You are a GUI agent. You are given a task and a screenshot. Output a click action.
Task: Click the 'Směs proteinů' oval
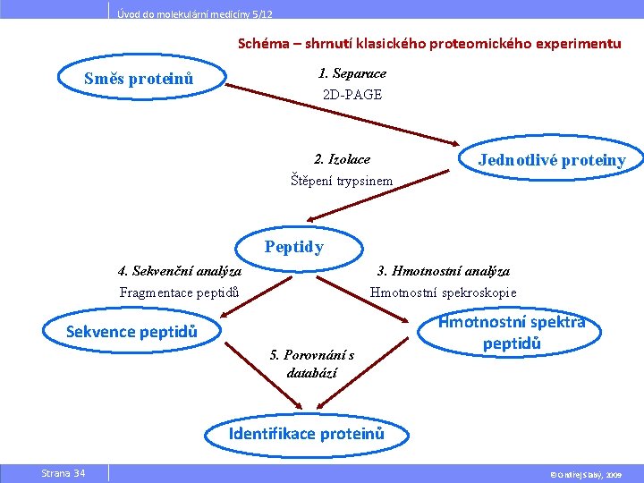pos(139,79)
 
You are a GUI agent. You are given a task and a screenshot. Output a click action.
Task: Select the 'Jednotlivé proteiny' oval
pos(551,160)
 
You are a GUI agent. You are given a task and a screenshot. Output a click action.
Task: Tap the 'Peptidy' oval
pos(294,247)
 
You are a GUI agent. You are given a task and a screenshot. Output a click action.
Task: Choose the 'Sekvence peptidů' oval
pos(131,333)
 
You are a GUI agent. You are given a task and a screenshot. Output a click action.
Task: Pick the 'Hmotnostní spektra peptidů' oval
pos(512,333)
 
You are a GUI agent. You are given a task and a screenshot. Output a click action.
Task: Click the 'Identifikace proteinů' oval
pos(307,434)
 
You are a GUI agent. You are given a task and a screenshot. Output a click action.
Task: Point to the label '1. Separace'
pos(352,73)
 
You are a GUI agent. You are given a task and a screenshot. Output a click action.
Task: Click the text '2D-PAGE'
pos(352,94)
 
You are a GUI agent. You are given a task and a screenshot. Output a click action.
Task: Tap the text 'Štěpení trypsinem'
pos(342,181)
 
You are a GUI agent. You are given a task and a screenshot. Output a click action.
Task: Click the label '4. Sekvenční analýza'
pos(180,270)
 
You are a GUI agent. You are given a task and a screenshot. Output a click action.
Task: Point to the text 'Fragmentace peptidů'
pos(180,292)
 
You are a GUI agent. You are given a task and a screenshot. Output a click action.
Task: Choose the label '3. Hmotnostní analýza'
pos(444,270)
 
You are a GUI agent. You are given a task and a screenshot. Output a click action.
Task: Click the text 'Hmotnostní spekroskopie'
pos(444,292)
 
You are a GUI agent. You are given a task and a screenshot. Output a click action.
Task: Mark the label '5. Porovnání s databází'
pos(312,364)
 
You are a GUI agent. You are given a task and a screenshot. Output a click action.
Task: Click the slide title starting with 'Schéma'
pos(429,43)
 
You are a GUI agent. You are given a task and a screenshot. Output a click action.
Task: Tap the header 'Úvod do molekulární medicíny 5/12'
pos(195,14)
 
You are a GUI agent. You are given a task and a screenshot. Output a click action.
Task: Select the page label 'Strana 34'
pos(63,472)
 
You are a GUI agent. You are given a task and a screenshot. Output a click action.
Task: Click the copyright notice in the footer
pos(586,473)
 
